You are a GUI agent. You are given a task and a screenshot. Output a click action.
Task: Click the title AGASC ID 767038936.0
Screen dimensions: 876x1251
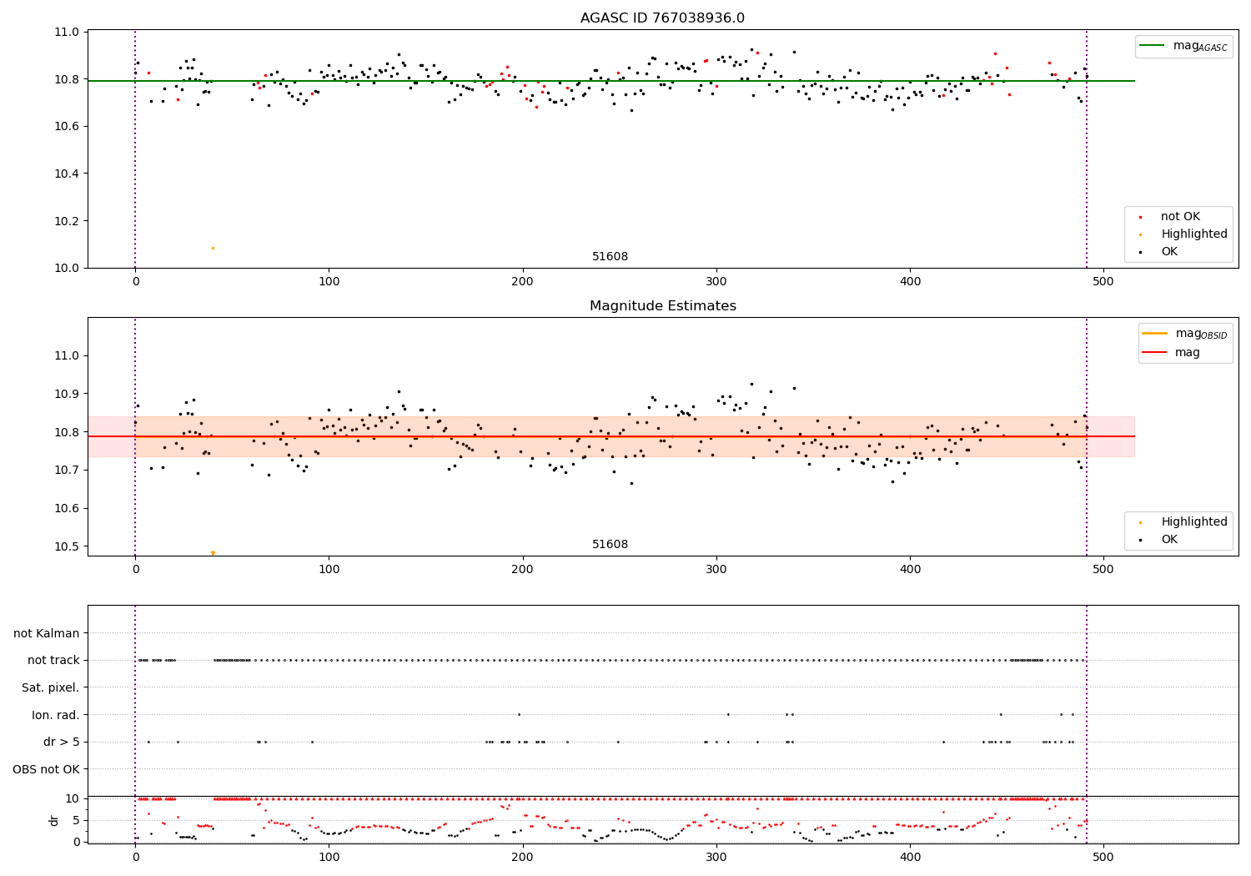click(662, 18)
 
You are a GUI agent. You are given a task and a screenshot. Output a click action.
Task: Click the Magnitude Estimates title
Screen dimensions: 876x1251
click(662, 306)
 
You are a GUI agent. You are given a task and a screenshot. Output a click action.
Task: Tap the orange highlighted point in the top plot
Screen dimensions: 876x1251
click(213, 248)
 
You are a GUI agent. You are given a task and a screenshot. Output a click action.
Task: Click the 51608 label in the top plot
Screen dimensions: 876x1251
click(610, 257)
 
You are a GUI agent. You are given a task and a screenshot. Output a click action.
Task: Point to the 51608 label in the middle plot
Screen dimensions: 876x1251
click(610, 545)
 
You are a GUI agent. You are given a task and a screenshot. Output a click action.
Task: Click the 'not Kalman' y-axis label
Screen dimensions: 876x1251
click(47, 633)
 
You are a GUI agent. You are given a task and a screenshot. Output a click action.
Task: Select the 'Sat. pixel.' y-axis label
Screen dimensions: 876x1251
click(50, 687)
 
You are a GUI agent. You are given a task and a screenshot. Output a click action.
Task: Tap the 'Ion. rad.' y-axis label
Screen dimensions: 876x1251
click(55, 715)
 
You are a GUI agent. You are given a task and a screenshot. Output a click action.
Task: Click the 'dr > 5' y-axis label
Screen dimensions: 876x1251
click(61, 742)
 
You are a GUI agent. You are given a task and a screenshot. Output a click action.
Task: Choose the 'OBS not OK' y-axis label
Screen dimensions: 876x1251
click(46, 769)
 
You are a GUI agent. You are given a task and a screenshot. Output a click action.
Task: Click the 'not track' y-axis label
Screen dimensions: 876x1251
click(53, 660)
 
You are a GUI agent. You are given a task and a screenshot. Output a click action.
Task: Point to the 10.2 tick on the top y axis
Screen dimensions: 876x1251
click(66, 221)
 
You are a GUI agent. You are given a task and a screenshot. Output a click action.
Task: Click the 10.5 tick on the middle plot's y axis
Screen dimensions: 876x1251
click(66, 546)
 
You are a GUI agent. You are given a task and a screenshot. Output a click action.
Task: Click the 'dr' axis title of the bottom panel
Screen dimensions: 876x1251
click(54, 820)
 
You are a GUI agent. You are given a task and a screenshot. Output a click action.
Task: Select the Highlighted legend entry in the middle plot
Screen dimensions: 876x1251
click(1193, 521)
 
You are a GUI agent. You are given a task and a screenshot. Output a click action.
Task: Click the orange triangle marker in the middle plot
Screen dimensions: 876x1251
click(213, 553)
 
